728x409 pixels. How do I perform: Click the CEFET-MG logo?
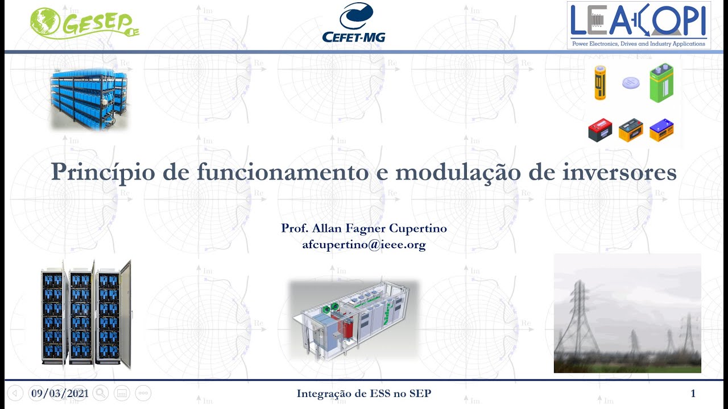pyautogui.click(x=354, y=23)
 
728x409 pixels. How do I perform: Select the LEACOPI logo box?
pyautogui.click(x=639, y=26)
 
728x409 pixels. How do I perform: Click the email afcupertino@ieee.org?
pyautogui.click(x=364, y=245)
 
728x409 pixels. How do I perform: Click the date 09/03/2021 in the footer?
pyautogui.click(x=60, y=393)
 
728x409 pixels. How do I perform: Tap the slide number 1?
pyautogui.click(x=693, y=393)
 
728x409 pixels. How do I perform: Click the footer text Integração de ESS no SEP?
pyautogui.click(x=364, y=393)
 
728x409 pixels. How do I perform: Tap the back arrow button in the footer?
pyautogui.click(x=15, y=393)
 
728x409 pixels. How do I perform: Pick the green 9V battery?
pyautogui.click(x=661, y=83)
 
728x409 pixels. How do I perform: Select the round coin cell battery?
pyautogui.click(x=630, y=83)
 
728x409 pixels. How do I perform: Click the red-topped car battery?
pyautogui.click(x=600, y=130)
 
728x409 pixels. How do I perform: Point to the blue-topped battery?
pyautogui.click(x=661, y=130)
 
